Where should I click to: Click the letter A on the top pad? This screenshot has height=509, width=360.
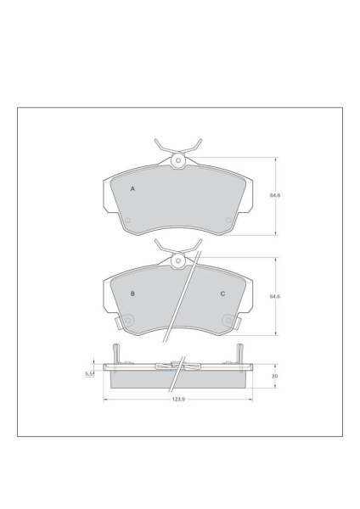click(x=132, y=188)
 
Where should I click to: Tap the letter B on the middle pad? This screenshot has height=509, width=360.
click(x=132, y=294)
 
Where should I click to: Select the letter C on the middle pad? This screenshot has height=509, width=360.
click(x=222, y=294)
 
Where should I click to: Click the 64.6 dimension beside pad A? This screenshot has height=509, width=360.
click(x=275, y=195)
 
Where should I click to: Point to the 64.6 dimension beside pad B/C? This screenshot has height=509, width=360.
click(x=275, y=296)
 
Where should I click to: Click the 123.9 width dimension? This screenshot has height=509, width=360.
click(x=178, y=400)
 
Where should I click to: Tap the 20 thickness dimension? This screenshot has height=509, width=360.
click(x=275, y=376)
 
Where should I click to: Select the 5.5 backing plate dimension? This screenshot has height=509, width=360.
click(x=89, y=374)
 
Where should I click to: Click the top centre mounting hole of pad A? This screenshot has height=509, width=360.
click(x=177, y=160)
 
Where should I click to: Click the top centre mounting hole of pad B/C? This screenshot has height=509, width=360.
click(x=177, y=260)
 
